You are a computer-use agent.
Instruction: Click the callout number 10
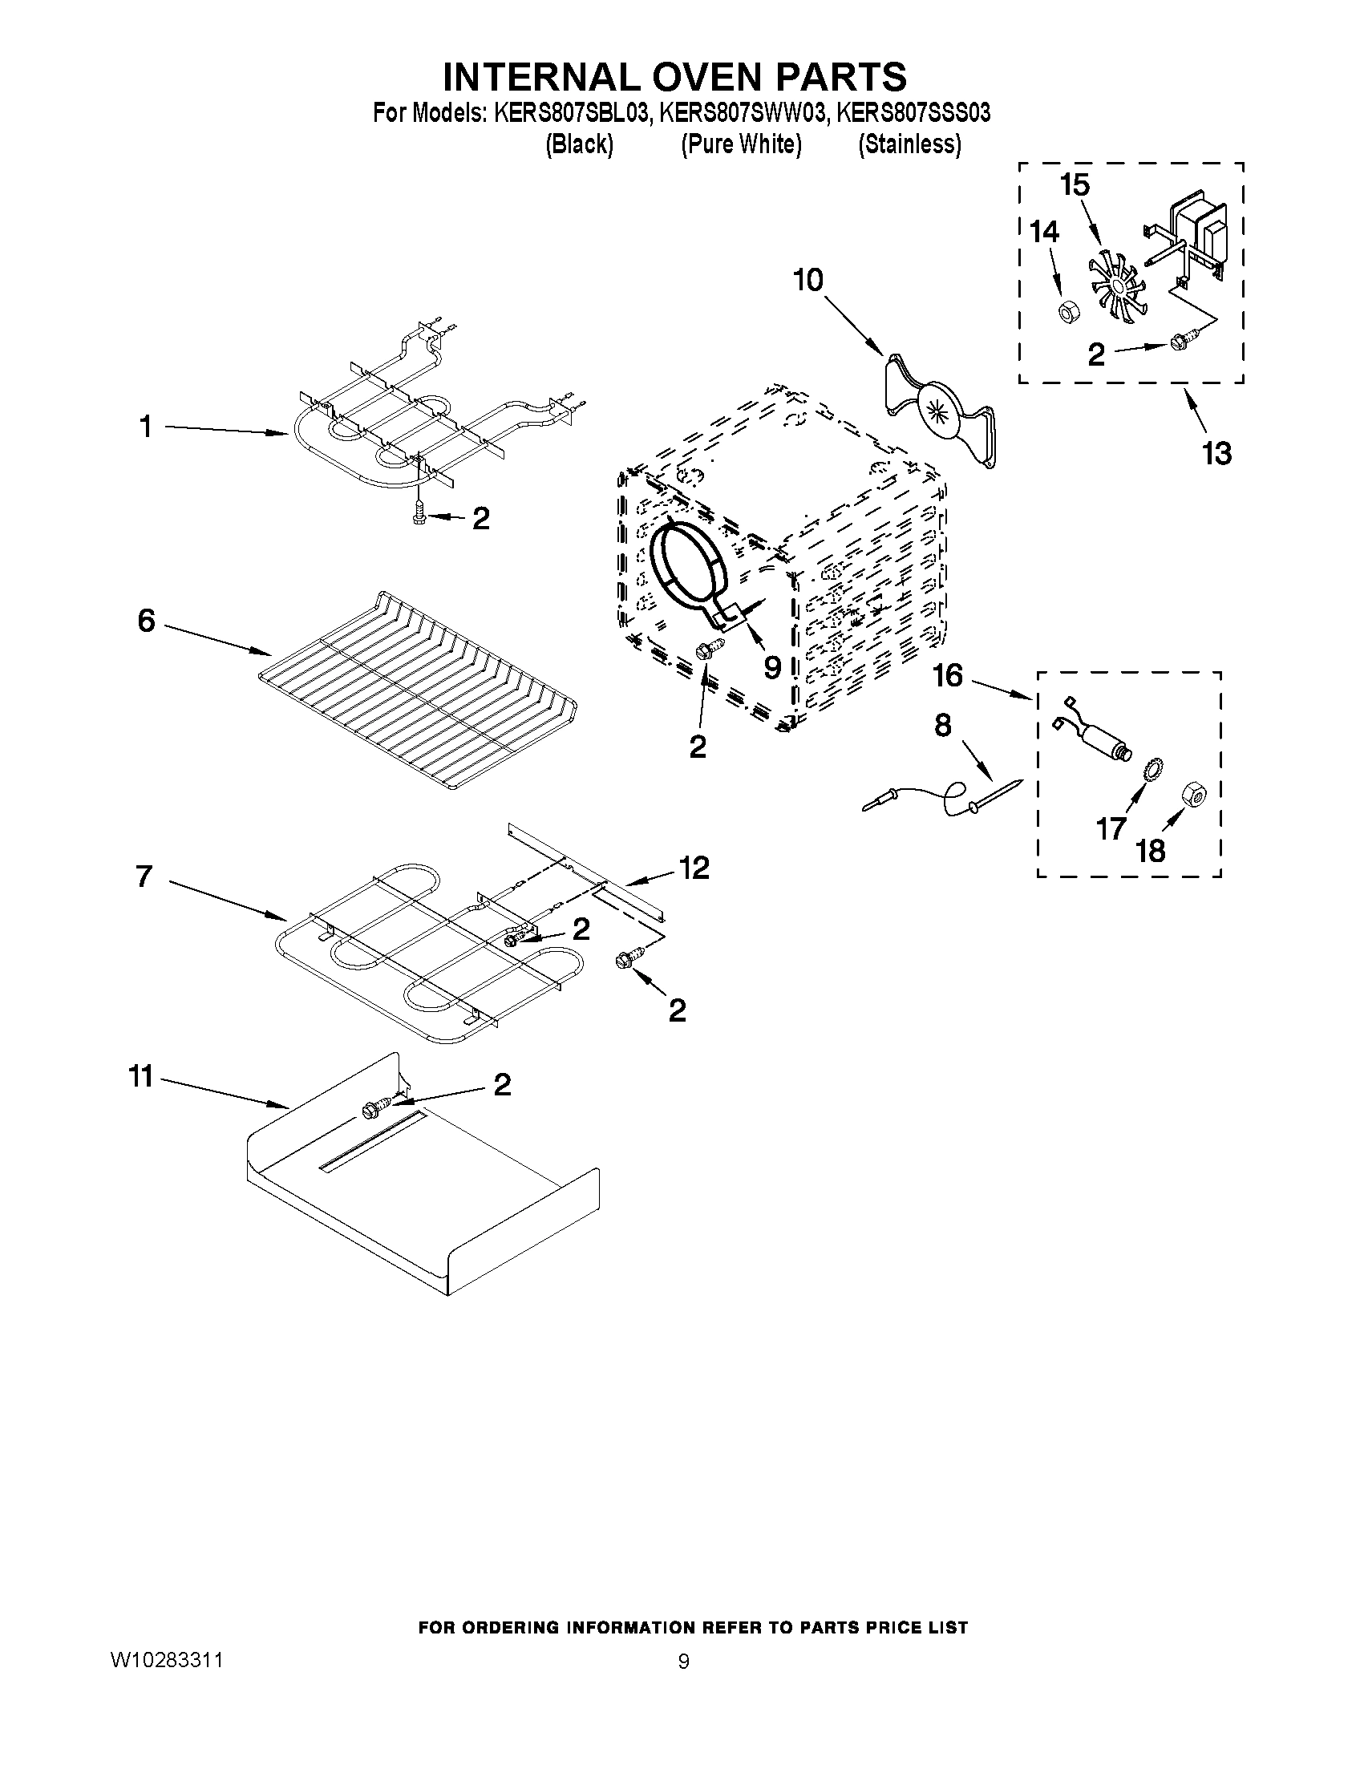(807, 281)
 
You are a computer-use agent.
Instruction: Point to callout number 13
(1216, 453)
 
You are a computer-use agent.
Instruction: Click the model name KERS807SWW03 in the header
(743, 113)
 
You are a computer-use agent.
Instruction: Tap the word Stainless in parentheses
(910, 144)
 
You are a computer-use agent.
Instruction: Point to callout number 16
(948, 676)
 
